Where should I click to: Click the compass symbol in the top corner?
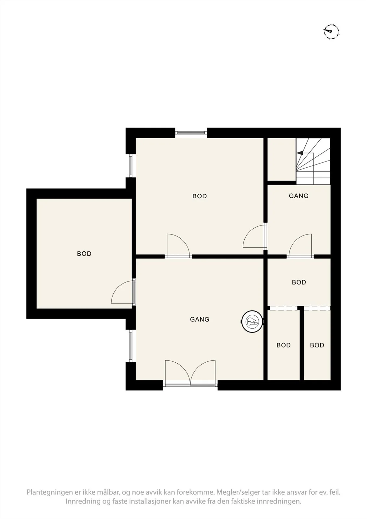[x=331, y=31]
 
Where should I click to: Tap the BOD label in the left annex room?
[x=84, y=254]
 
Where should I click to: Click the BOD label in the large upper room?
[x=200, y=196]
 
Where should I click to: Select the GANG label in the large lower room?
[x=200, y=319]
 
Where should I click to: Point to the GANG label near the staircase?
[x=299, y=196]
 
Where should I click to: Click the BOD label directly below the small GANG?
[x=299, y=282]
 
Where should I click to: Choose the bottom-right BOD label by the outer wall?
[x=317, y=345]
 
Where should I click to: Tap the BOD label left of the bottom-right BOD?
[x=284, y=345]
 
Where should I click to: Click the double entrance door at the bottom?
[x=190, y=373]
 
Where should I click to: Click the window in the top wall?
[x=191, y=133]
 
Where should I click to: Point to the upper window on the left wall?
[x=131, y=165]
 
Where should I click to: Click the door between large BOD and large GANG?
[x=178, y=246]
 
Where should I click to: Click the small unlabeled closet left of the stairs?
[x=282, y=159]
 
